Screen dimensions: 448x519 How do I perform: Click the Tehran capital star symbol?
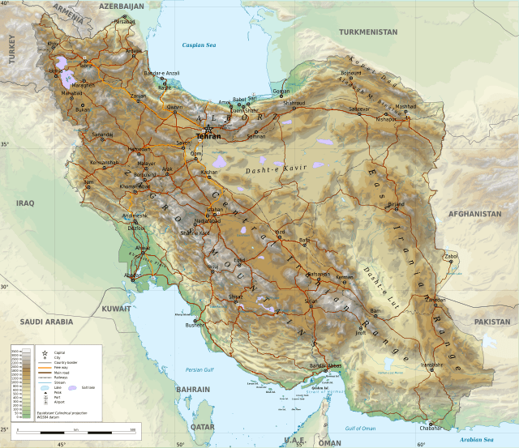pos(208,129)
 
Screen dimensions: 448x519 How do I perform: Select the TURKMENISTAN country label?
pos(368,32)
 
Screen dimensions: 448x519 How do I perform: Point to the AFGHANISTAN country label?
pos(475,214)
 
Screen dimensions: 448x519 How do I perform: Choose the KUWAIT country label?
pos(117,309)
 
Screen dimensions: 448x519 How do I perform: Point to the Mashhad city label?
pos(405,106)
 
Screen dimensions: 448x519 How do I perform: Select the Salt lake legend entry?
pos(90,389)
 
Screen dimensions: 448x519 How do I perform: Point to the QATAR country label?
pos(202,425)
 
